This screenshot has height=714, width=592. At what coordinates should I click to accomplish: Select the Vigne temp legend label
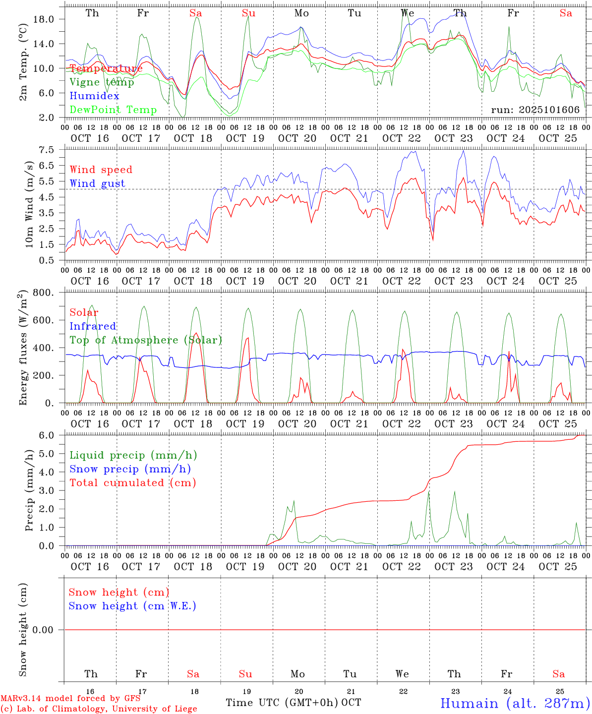[x=102, y=82]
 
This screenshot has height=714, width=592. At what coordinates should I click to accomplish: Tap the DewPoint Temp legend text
[x=113, y=110]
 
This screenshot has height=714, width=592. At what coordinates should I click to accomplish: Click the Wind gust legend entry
[x=97, y=183]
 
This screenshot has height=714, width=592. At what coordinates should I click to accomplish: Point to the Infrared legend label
[x=93, y=326]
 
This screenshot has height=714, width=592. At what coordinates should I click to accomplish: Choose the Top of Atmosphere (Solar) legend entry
[x=146, y=340]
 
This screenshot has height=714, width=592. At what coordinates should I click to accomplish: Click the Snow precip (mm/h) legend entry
[x=130, y=469]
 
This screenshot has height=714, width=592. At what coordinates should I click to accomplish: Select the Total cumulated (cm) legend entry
[x=132, y=483]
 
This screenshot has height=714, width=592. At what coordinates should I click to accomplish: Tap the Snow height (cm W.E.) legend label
[x=132, y=606]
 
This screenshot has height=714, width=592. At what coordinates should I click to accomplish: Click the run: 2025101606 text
[x=535, y=110]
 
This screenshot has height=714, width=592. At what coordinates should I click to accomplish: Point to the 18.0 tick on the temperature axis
[x=43, y=19]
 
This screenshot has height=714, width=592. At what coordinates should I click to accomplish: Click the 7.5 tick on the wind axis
[x=46, y=150]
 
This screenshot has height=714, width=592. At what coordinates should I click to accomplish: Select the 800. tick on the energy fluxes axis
[x=43, y=293]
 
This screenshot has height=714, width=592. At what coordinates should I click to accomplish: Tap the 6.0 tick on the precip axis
[x=46, y=435]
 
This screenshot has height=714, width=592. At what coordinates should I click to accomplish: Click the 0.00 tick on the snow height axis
[x=43, y=630]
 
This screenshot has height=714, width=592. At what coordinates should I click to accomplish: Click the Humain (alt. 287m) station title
[x=515, y=703]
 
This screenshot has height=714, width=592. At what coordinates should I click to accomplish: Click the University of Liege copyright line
[x=98, y=709]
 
